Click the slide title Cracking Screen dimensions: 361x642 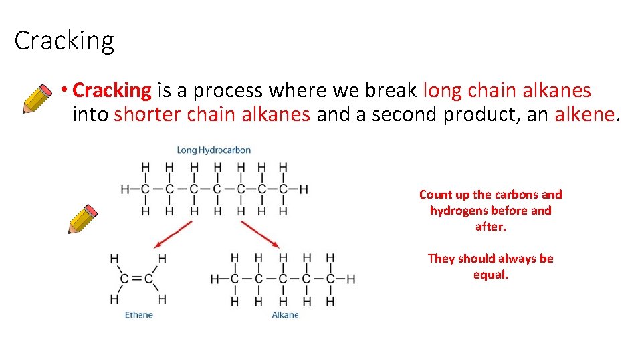pos(64,41)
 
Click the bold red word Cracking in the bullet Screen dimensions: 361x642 pos(112,90)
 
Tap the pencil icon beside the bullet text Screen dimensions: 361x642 pos(37,98)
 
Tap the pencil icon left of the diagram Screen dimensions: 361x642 pos(83,219)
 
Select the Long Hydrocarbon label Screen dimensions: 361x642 pos(213,150)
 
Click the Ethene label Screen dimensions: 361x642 pos(139,315)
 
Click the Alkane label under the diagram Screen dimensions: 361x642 pos(285,315)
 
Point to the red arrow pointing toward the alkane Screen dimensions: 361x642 pos(260,235)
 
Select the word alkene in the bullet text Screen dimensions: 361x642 pos(584,114)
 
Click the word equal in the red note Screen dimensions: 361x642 pos(490,275)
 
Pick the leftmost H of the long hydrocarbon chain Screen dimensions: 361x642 pos(124,189)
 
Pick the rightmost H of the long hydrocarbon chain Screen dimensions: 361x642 pos(304,189)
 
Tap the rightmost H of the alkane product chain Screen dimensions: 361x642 pos(351,279)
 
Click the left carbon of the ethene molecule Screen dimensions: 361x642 pos(124,279)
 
